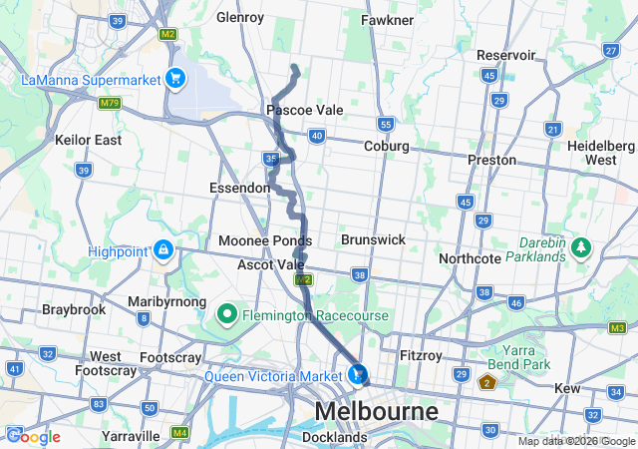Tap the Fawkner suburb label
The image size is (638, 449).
[x=387, y=20]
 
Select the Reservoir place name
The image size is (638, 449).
[x=505, y=55]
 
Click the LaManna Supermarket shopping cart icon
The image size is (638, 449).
[x=175, y=78]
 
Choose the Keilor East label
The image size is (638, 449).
[x=89, y=140]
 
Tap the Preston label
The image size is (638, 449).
[x=492, y=160]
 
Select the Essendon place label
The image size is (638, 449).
[x=239, y=188]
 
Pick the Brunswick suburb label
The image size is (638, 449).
[x=373, y=240]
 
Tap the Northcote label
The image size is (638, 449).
[x=470, y=258]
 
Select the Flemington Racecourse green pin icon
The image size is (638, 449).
[x=226, y=316]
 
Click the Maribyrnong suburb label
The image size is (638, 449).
[x=167, y=301]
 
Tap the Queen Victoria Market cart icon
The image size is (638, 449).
[x=357, y=375]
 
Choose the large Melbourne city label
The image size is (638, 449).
[x=376, y=411]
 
